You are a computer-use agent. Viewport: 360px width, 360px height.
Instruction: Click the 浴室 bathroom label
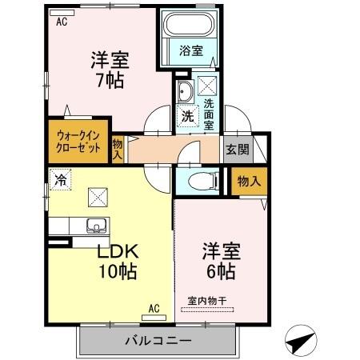190,50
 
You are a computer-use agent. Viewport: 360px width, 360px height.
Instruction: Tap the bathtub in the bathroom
190,28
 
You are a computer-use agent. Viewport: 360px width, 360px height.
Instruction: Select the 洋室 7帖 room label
110,70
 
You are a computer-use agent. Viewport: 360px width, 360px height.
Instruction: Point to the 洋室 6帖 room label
218,259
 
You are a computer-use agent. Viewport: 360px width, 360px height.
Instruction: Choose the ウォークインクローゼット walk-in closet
78,142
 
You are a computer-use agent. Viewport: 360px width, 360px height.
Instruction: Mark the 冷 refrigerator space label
60,179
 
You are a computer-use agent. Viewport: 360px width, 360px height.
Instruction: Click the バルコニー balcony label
158,342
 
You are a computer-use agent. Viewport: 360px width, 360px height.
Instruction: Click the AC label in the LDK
154,306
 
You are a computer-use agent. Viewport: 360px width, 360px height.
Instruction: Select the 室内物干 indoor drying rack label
207,300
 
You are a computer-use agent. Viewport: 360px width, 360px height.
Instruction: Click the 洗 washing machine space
186,114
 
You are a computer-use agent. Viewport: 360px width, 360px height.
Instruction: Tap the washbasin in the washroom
183,90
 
